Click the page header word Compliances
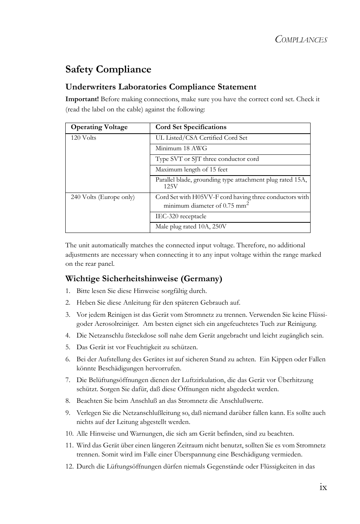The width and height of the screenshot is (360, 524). pyautogui.click(x=301, y=39)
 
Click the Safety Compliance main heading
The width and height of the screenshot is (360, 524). pyautogui.click(x=108, y=69)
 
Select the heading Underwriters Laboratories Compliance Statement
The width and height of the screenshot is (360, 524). pyautogui.click(x=161, y=87)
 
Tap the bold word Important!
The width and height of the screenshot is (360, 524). pyautogui.click(x=82, y=99)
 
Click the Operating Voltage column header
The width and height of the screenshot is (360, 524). pyautogui.click(x=99, y=127)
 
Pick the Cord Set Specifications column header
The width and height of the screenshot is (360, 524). pyautogui.click(x=191, y=127)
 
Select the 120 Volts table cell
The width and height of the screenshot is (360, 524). pyautogui.click(x=83, y=138)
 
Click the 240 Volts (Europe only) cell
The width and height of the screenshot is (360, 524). pyautogui.click(x=103, y=197)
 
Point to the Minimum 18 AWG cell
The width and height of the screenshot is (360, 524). pyautogui.click(x=181, y=148)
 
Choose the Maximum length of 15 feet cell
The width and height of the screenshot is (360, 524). pyautogui.click(x=191, y=170)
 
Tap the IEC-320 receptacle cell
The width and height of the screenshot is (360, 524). pyautogui.click(x=181, y=216)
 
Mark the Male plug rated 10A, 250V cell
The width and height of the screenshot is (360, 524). pyautogui.click(x=191, y=227)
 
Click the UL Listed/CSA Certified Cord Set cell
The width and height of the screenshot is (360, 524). pyautogui.click(x=201, y=138)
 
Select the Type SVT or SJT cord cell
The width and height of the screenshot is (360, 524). pyautogui.click(x=207, y=159)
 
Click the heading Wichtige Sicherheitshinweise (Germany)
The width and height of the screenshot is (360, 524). pyautogui.click(x=144, y=279)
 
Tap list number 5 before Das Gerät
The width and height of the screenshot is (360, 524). pyautogui.click(x=68, y=347)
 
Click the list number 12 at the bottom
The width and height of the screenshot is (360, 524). pyautogui.click(x=69, y=467)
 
